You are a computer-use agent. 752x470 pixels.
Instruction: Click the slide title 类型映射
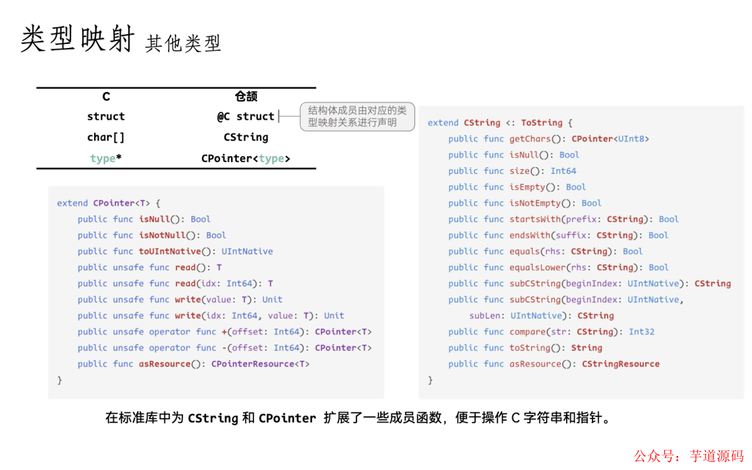pos(77,39)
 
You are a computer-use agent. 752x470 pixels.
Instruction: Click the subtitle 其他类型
pos(183,43)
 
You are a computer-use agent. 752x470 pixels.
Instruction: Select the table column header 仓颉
pos(246,96)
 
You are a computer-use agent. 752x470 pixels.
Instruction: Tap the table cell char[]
pos(106,137)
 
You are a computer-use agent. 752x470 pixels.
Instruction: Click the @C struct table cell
pos(246,116)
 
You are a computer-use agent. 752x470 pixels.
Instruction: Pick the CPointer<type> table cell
pos(246,158)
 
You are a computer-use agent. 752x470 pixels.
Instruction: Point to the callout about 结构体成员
pos(357,116)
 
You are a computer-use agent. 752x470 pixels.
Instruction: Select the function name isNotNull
pos(162,235)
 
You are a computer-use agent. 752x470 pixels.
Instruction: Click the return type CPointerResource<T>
pos(260,364)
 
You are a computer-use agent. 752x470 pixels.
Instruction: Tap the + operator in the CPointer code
pos(224,332)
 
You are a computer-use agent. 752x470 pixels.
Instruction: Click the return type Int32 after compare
pos(641,332)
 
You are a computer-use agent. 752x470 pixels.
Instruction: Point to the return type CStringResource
pos(620,364)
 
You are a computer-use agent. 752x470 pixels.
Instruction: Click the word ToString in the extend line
pos(540,123)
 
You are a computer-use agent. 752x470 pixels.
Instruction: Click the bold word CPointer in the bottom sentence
pos(287,418)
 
